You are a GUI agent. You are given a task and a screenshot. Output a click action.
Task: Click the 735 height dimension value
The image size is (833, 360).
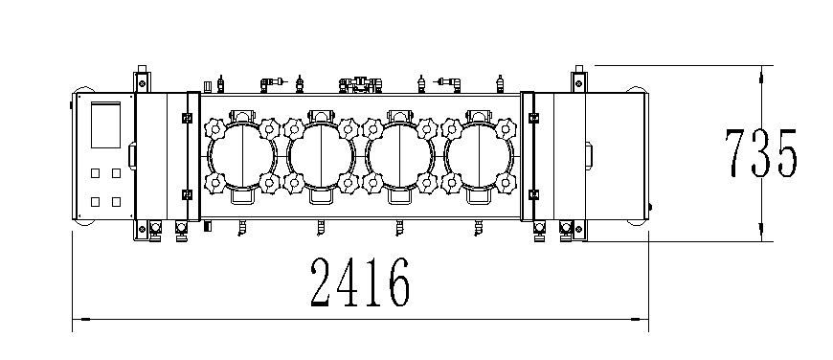[x=761, y=153]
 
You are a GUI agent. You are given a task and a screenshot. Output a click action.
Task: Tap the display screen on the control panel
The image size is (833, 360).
[x=105, y=124]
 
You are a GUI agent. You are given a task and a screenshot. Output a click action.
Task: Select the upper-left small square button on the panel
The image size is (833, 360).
[x=95, y=173]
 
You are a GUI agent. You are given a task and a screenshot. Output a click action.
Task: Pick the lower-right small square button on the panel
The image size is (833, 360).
[x=116, y=202]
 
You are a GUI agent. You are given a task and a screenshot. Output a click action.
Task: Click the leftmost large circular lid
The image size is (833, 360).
[x=242, y=157]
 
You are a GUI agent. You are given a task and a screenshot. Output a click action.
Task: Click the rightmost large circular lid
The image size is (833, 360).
[x=479, y=157]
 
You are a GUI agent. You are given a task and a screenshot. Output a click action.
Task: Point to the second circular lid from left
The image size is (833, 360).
[x=321, y=157]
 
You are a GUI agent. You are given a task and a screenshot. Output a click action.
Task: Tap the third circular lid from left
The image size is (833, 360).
[x=400, y=157]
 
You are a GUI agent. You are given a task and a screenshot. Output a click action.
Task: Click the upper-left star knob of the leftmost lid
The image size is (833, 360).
[x=215, y=129]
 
